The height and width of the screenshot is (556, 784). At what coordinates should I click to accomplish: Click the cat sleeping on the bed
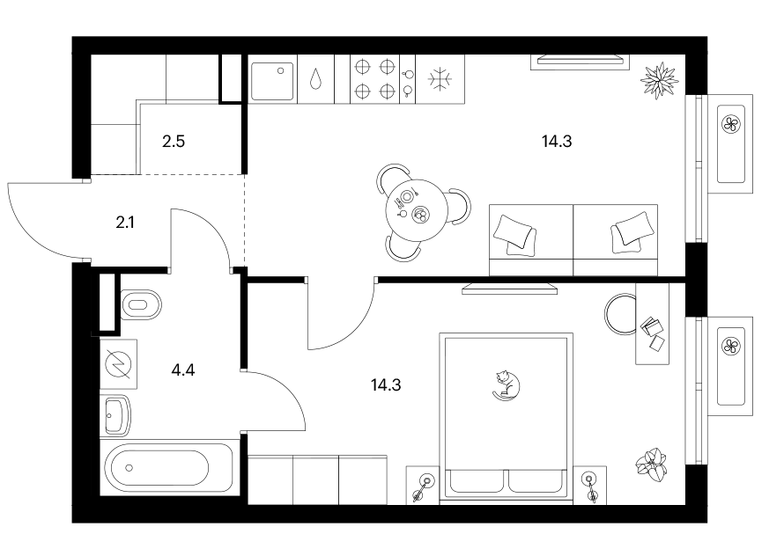[506, 385]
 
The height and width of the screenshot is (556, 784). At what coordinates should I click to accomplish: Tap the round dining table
[416, 210]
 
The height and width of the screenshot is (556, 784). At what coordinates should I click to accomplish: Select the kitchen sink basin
[272, 82]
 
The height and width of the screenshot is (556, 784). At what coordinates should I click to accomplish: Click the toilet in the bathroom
[142, 304]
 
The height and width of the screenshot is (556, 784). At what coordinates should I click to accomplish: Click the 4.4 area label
[182, 370]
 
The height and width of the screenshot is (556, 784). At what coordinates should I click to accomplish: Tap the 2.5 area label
[174, 142]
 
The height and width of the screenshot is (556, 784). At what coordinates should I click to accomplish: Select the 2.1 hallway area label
[125, 223]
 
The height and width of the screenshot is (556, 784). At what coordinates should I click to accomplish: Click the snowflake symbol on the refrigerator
[440, 79]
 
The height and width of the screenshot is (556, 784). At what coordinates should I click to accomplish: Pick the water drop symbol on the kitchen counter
[315, 78]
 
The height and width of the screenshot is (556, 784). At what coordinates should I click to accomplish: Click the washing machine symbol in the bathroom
[118, 364]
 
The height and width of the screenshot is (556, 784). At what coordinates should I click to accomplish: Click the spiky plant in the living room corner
[660, 80]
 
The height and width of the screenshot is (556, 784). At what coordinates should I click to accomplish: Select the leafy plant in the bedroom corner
[652, 465]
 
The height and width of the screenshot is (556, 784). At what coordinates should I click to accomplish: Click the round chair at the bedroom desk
[620, 314]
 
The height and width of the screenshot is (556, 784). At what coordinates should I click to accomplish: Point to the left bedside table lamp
[423, 486]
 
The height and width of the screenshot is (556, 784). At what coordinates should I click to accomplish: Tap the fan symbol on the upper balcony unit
[731, 124]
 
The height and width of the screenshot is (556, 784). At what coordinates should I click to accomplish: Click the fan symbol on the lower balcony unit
[731, 346]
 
